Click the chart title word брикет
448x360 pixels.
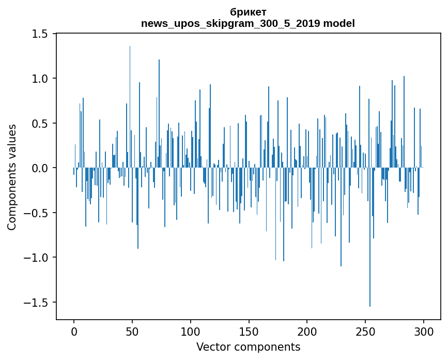[248, 12]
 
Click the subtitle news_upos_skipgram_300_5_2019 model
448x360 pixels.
[248, 23]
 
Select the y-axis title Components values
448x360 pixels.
[12, 177]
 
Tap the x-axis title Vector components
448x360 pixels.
[248, 347]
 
